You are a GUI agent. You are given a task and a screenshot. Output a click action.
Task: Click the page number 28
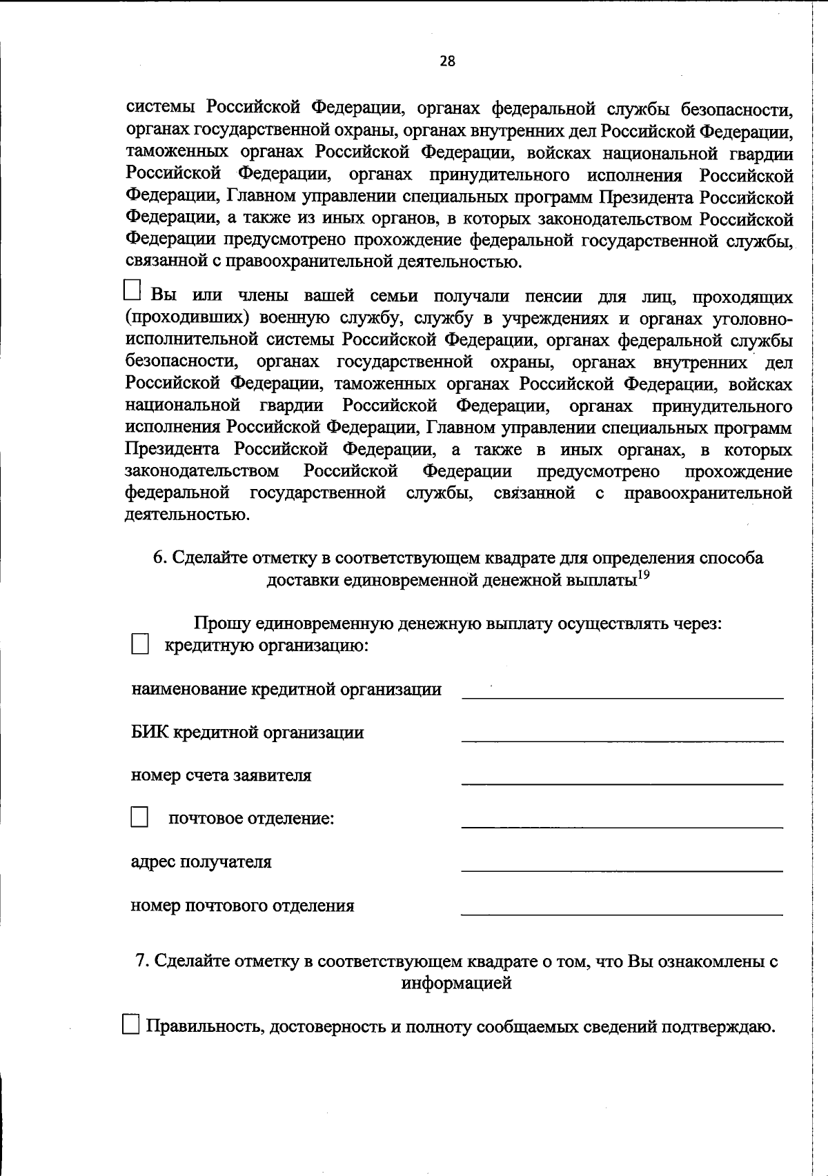point(447,61)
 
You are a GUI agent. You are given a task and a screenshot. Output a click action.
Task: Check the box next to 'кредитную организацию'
point(139,646)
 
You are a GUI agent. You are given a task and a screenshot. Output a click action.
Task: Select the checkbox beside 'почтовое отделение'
point(139,818)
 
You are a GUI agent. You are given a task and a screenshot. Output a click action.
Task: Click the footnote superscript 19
point(642,575)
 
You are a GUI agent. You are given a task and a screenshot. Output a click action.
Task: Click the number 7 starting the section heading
point(141,961)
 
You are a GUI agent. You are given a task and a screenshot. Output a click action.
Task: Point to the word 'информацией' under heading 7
point(456,983)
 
